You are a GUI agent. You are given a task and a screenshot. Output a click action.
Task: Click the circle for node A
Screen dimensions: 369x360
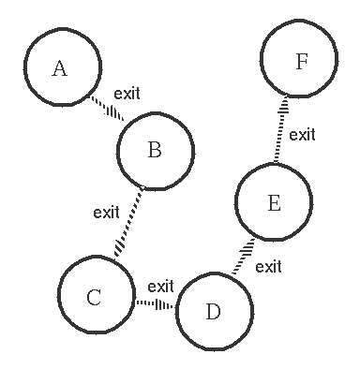pos(60,67)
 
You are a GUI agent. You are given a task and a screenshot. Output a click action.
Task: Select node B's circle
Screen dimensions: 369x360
pos(156,150)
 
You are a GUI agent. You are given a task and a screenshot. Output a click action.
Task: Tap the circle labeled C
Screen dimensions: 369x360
pos(94,297)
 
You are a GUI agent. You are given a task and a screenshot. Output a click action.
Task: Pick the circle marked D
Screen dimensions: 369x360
pos(213,311)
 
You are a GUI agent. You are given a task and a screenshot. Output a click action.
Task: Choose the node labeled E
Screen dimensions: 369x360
pos(273,203)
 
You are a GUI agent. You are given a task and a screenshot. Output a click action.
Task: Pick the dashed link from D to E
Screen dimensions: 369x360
pos(243,257)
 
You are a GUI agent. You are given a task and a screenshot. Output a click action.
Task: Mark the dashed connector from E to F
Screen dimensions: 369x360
pos(279,130)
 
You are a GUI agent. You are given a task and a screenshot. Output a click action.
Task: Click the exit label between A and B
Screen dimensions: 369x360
pos(127,94)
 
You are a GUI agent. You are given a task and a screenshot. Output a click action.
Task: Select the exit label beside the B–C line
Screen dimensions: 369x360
pos(107,212)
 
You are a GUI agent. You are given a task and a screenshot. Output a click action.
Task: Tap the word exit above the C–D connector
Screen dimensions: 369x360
pos(160,286)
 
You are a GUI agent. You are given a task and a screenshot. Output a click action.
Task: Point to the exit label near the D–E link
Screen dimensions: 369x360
pos(268,266)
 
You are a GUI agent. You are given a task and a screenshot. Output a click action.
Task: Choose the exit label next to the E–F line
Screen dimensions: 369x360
pos(302,135)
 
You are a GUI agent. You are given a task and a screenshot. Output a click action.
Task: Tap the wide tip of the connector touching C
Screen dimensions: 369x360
pos(117,251)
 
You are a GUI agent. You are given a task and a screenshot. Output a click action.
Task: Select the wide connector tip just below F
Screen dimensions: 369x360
pos(284,103)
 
